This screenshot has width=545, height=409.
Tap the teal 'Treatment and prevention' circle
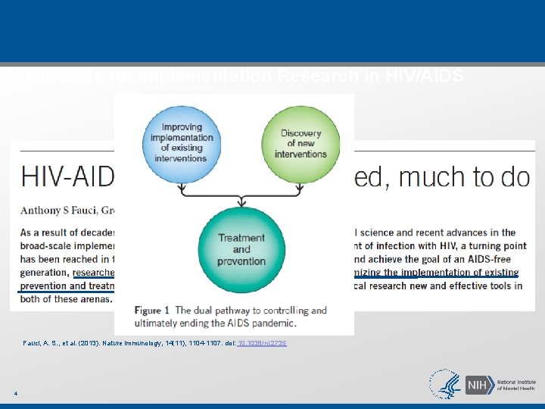click(x=241, y=248)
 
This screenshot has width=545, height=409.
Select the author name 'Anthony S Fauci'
click(x=60, y=210)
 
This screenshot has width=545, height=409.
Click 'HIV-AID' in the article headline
click(x=67, y=177)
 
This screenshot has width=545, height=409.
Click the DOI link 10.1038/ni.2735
click(x=262, y=343)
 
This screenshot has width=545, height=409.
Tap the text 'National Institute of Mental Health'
click(x=515, y=385)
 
